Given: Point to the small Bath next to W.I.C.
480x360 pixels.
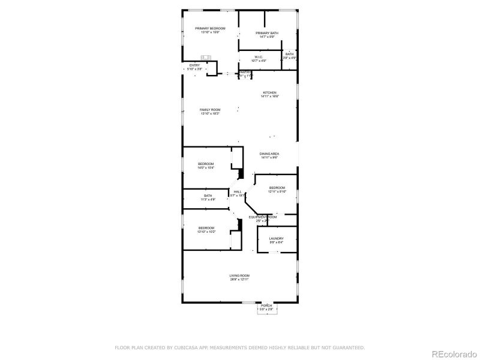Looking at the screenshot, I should [x=290, y=56].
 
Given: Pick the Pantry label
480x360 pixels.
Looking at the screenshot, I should [x=245, y=73].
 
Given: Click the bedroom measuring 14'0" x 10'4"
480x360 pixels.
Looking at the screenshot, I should [x=206, y=166].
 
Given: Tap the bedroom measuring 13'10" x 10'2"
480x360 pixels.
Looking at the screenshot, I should [x=206, y=230].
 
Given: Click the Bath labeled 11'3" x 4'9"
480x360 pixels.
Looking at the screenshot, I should [x=208, y=197].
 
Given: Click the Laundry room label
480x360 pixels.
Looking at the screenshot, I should [x=277, y=240].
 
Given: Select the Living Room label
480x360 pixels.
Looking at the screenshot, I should [x=239, y=277].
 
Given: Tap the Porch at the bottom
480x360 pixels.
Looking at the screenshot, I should [x=266, y=307].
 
